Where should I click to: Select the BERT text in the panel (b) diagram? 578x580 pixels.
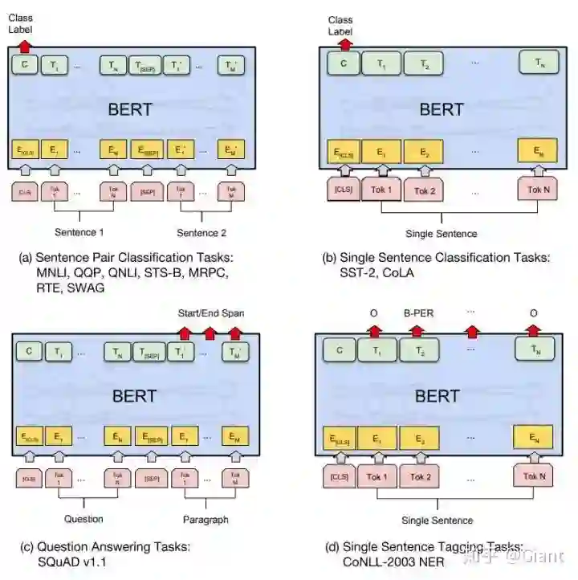[x=441, y=109]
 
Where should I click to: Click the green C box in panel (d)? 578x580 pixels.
[x=339, y=349]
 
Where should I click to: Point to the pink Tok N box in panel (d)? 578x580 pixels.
[x=535, y=476]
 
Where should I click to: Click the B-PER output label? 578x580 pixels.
[x=418, y=312]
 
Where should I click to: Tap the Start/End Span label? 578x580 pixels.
[x=211, y=312]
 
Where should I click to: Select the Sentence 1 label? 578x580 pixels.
[x=79, y=233]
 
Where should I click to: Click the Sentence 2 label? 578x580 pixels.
[x=202, y=233]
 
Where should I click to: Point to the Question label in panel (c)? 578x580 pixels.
[x=83, y=518]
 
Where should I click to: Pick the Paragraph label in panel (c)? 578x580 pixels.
[x=206, y=518]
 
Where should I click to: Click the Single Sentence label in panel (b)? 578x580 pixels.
[x=442, y=234]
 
